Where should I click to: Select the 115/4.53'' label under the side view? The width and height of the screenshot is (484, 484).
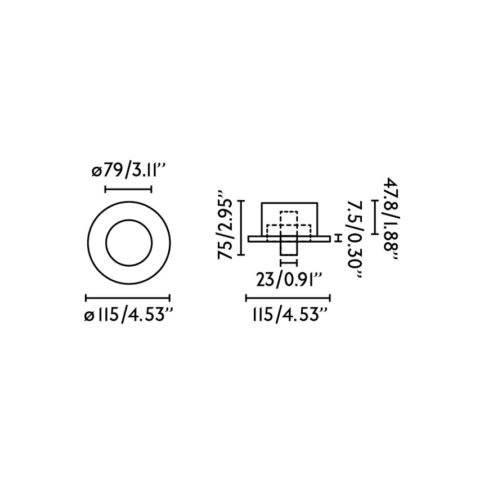(288, 316)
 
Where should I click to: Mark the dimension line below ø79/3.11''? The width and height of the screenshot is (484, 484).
(128, 189)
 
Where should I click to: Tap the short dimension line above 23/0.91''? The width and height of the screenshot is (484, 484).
(289, 262)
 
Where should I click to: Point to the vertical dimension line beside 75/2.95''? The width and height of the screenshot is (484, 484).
(242, 228)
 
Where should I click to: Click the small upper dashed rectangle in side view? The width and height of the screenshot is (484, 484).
(289, 217)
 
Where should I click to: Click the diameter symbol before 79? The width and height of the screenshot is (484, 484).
(95, 170)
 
